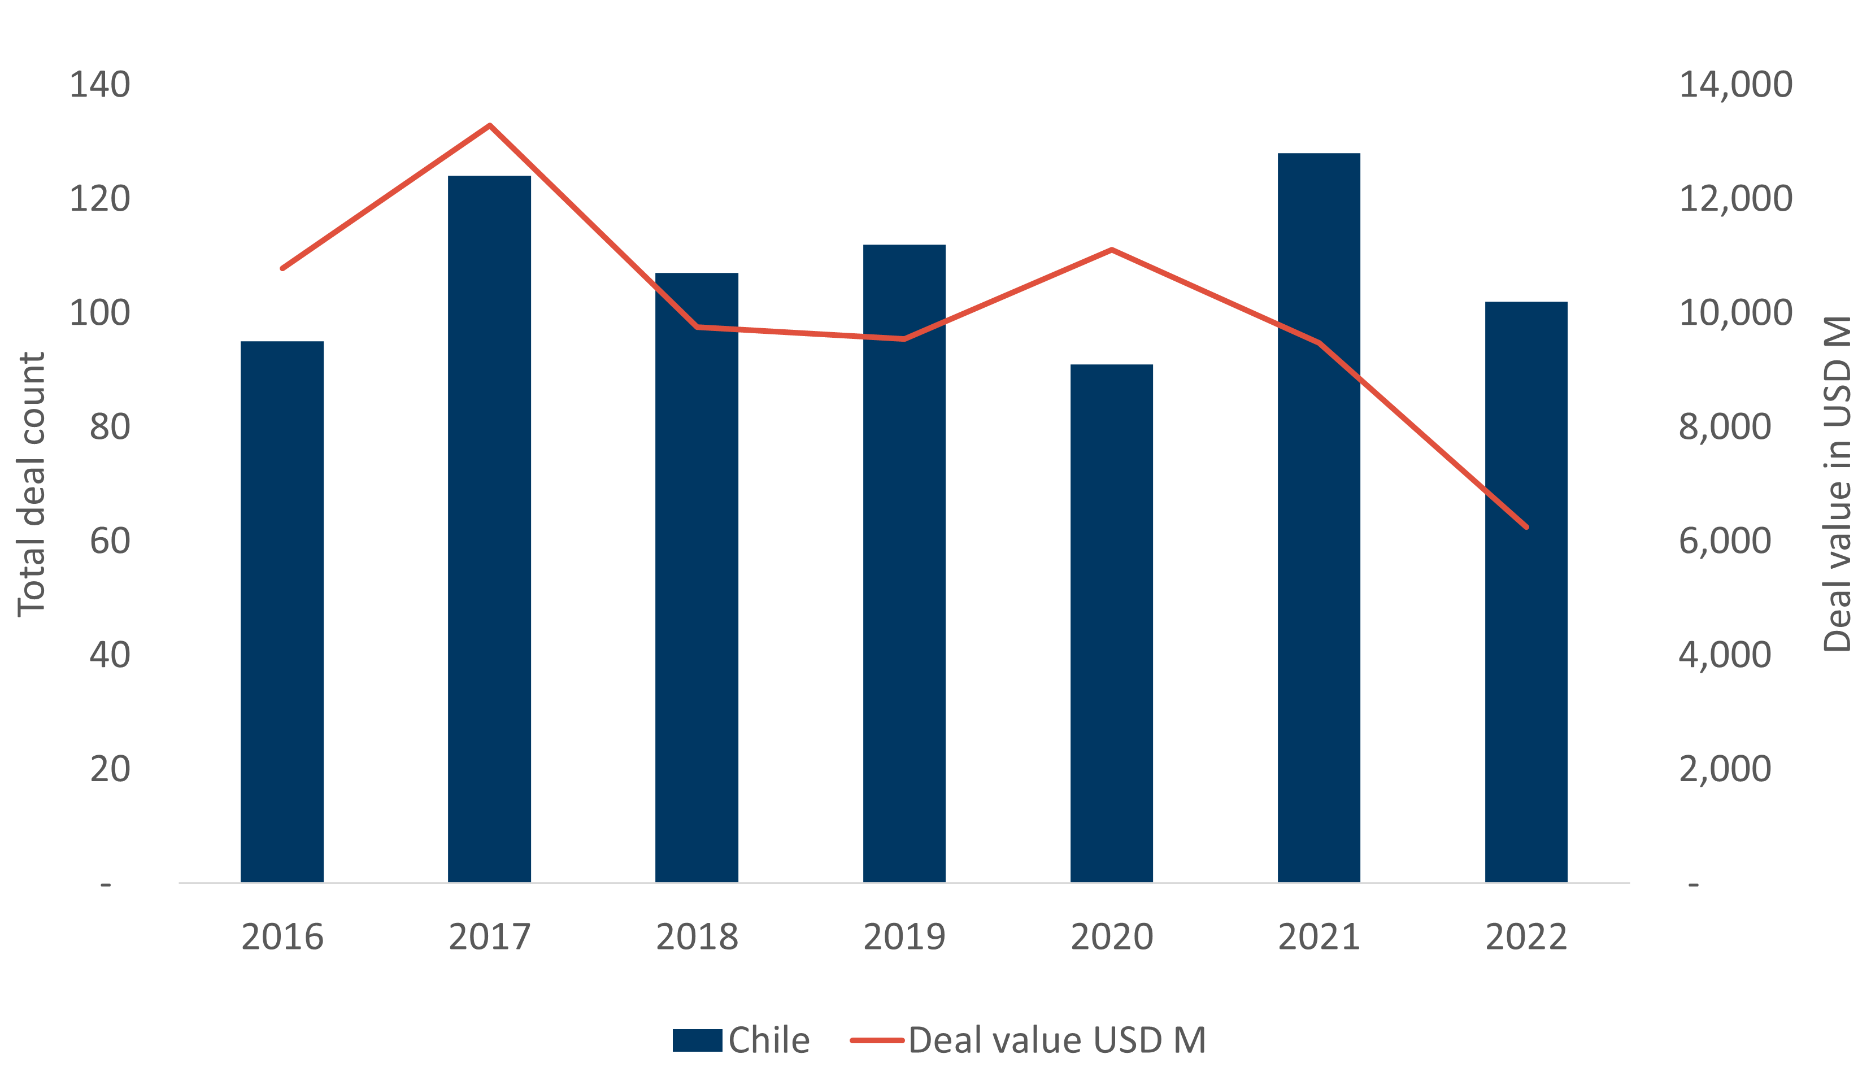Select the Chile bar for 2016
click(282, 612)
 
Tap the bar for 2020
click(1111, 624)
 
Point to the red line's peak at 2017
click(490, 125)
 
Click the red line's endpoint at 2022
click(1526, 527)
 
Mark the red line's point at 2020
click(1111, 250)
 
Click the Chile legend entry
click(742, 1040)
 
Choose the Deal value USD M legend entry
click(1028, 1040)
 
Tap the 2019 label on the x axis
click(904, 937)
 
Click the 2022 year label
click(1526, 937)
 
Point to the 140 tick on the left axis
click(99, 85)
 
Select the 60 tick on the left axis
click(110, 541)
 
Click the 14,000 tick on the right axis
click(1735, 85)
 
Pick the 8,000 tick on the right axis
click(1725, 427)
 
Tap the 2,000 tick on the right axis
click(1725, 769)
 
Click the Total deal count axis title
click(31, 484)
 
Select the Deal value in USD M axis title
click(1837, 484)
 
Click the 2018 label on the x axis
click(697, 937)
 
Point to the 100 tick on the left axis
click(99, 313)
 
